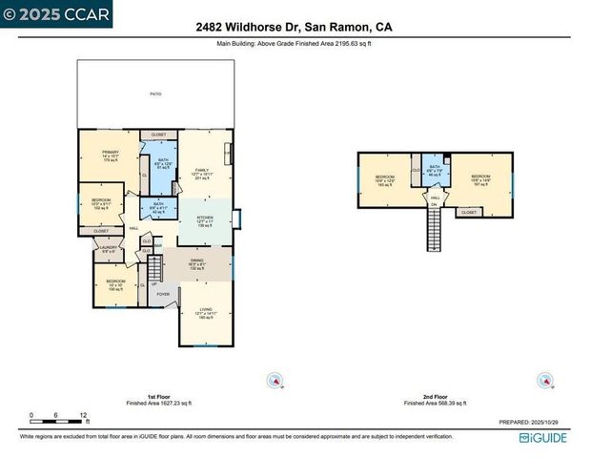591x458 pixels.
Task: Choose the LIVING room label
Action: [x=205, y=310]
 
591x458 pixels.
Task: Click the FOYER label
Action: [x=163, y=294]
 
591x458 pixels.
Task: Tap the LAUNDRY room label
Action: [x=108, y=250]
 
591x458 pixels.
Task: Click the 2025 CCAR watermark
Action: [x=57, y=13]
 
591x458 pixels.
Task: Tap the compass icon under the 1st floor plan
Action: [x=275, y=380]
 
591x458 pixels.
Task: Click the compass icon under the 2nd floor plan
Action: [x=544, y=380]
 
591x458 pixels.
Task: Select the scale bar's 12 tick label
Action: [x=84, y=415]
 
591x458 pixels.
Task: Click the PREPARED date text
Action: [x=534, y=421]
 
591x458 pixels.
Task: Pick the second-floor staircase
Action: [x=436, y=228]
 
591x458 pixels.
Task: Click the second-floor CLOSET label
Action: [x=468, y=212]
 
